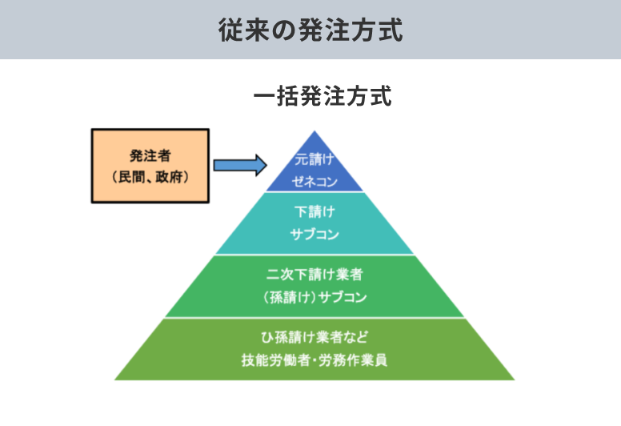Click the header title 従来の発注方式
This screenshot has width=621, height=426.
click(x=310, y=30)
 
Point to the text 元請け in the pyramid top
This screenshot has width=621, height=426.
click(x=314, y=159)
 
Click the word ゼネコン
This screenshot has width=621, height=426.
click(x=315, y=182)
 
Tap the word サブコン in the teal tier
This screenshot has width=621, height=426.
click(x=315, y=235)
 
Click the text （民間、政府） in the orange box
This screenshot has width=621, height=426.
click(x=150, y=175)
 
